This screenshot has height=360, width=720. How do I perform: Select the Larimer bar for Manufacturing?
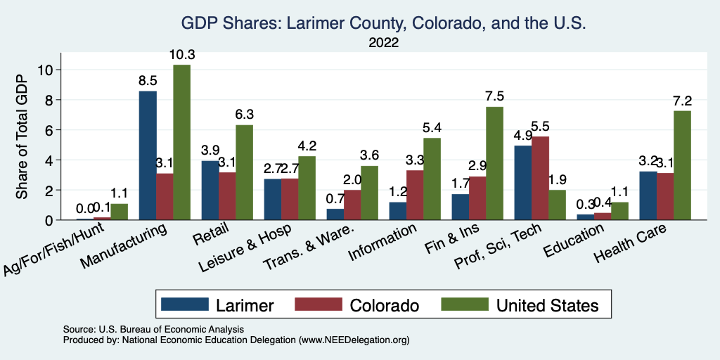tap(148, 155)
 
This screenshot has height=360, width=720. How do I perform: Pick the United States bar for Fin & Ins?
tap(495, 163)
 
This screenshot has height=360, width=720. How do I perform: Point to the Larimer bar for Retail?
tap(210, 190)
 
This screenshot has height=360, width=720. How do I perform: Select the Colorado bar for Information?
tap(416, 195)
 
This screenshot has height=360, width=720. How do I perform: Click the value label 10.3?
tap(182, 55)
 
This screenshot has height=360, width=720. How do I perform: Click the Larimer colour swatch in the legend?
tap(186, 304)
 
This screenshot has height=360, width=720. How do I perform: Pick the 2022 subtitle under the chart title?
tap(384, 43)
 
